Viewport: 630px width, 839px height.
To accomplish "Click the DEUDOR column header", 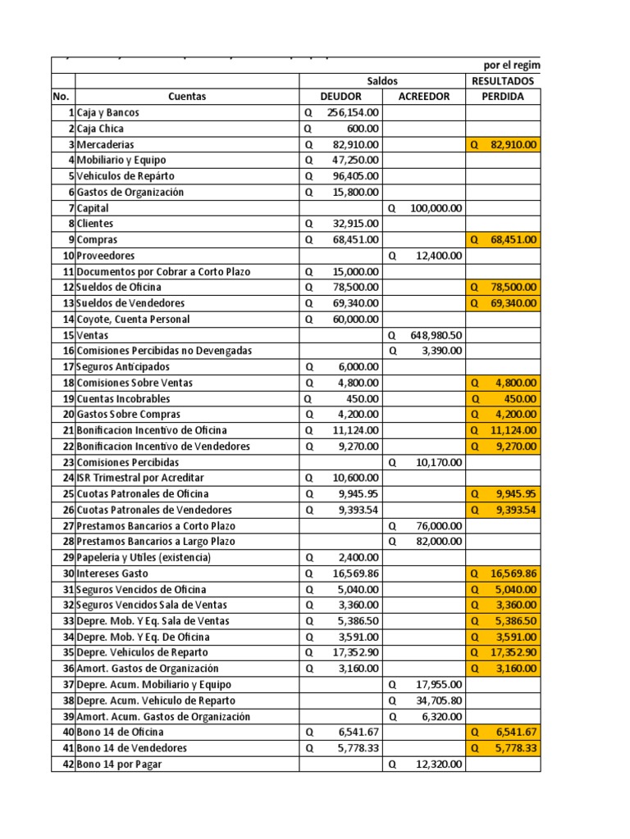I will [x=340, y=97].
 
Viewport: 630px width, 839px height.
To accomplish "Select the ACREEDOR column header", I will [x=424, y=97].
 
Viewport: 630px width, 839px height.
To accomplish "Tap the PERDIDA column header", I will [x=503, y=97].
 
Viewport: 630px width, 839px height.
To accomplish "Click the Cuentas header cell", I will [x=187, y=97].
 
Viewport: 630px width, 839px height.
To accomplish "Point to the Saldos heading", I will [x=382, y=81].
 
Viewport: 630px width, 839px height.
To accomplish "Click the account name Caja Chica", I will [x=102, y=129].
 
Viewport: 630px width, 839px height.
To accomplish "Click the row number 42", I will [x=67, y=764].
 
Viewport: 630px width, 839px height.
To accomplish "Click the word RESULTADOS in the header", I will [x=502, y=81].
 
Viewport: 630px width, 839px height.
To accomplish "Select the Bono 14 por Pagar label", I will [x=118, y=764].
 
